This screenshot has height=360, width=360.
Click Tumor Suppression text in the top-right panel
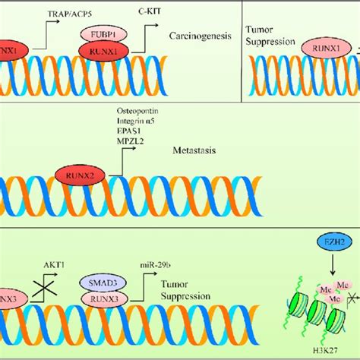[x=265, y=35]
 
